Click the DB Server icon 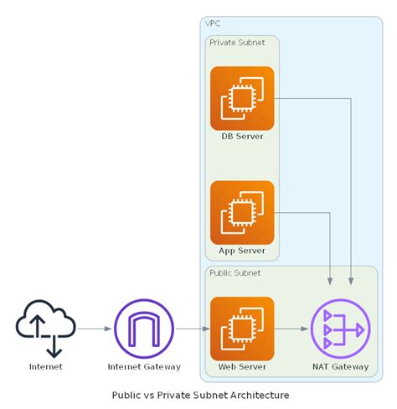click(242, 98)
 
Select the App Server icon click(242, 212)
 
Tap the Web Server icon click(242, 329)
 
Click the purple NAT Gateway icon click(339, 329)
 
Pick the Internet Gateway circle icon click(144, 329)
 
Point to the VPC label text click(214, 23)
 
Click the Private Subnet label click(236, 42)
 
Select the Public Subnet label click(235, 272)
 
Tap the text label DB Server click(242, 137)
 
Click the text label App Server click(242, 251)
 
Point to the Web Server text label click(242, 366)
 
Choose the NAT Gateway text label click(339, 366)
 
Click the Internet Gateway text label click(144, 366)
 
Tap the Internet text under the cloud click(45, 366)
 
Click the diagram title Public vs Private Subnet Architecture click(200, 394)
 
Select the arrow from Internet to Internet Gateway click(94, 329)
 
